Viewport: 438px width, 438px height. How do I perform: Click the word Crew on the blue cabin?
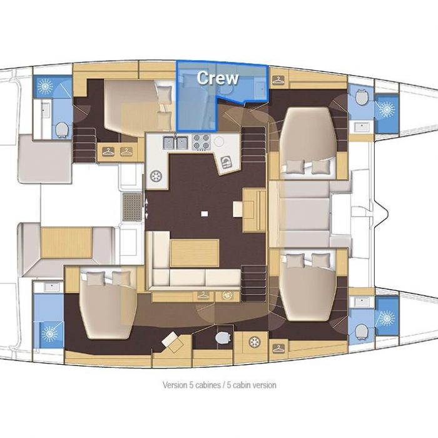click(x=218, y=78)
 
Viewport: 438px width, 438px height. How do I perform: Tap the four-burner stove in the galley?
click(x=201, y=142)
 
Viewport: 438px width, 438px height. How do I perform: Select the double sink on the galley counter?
click(x=175, y=143)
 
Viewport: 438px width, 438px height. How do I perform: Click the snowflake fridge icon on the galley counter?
click(x=156, y=176)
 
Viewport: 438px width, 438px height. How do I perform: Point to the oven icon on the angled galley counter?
click(x=226, y=162)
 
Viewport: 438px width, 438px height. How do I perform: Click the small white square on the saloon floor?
click(x=205, y=214)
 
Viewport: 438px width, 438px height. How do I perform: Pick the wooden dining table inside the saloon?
click(x=195, y=253)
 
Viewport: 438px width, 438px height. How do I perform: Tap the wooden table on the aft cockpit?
click(x=66, y=242)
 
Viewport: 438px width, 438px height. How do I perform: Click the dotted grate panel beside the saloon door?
click(x=133, y=206)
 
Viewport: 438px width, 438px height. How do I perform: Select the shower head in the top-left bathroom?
click(x=45, y=86)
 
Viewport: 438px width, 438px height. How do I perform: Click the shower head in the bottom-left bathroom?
click(x=49, y=334)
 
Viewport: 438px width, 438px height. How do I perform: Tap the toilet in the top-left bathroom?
click(x=62, y=130)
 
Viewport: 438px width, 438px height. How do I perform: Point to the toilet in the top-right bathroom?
click(x=362, y=97)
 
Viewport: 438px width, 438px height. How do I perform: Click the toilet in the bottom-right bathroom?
click(x=362, y=332)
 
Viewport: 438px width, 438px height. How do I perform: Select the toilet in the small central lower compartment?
click(x=223, y=338)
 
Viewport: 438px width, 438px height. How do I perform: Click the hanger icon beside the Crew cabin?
click(x=278, y=80)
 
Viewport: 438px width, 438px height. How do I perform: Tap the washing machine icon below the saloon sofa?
click(x=227, y=295)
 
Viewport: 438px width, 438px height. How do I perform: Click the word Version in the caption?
click(x=175, y=385)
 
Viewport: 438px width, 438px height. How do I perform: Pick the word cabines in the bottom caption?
click(x=208, y=385)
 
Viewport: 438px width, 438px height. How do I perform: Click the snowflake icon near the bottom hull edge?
click(x=255, y=342)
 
